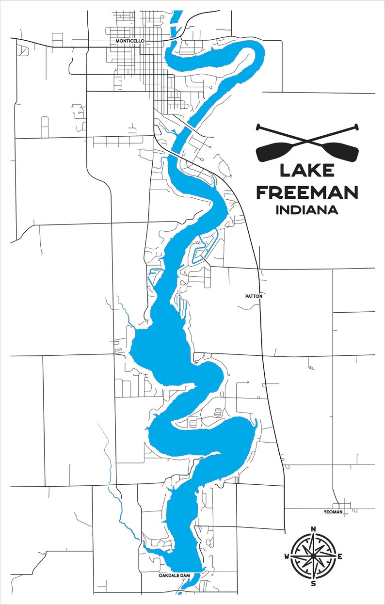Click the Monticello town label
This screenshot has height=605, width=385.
[x=129, y=41]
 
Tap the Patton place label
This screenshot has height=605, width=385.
[x=254, y=295]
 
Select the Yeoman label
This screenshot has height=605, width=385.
[x=333, y=512]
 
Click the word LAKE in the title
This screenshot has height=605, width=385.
[x=306, y=171]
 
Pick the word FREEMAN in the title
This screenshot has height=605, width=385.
[x=306, y=192]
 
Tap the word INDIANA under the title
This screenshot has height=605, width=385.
[x=306, y=210]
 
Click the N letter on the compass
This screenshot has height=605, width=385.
[x=313, y=529]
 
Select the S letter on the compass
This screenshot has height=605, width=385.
[x=313, y=583]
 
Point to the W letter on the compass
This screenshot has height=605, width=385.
[x=287, y=556]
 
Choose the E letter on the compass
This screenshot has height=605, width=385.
[x=340, y=556]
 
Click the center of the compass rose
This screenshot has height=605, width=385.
[x=313, y=556]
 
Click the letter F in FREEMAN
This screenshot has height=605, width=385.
[x=262, y=192]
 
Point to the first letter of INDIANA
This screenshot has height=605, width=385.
[x=277, y=210]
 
